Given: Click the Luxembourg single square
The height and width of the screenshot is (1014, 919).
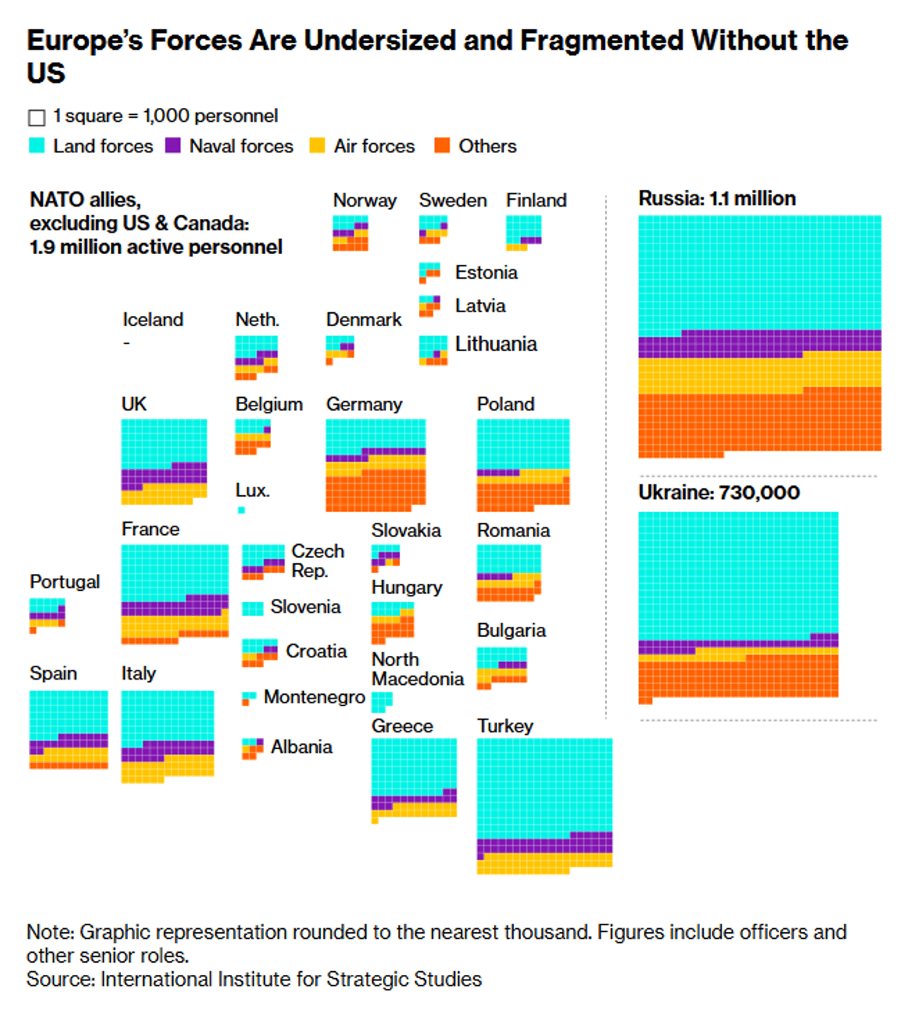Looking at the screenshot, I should click(x=241, y=510).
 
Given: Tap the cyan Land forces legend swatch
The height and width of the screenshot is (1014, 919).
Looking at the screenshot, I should click(x=37, y=145).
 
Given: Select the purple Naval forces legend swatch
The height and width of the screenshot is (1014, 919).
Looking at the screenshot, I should click(x=173, y=145).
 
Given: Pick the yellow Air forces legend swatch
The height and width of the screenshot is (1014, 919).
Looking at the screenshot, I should click(x=317, y=145).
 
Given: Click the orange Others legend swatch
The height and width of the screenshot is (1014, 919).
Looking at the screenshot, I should click(x=442, y=145).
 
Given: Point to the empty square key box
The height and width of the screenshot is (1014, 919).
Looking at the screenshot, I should click(x=37, y=117).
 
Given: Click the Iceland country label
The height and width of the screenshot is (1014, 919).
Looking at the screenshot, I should click(x=152, y=319).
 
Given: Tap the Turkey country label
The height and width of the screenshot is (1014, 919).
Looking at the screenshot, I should click(x=505, y=725).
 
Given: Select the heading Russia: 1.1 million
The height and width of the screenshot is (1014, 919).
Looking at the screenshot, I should click(x=717, y=198).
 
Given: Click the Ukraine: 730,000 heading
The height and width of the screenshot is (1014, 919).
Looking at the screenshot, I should click(x=719, y=492).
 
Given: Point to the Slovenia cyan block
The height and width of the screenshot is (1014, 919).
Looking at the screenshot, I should click(x=253, y=608).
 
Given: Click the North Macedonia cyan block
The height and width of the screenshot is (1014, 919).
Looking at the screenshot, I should click(x=381, y=700).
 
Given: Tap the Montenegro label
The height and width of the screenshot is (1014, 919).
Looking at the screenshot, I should click(x=314, y=697).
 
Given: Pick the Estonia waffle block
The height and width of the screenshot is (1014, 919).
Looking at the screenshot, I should click(x=429, y=272).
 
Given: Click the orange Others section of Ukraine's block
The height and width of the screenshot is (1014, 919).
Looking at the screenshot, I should click(x=738, y=677).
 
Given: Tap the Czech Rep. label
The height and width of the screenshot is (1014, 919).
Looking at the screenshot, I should click(x=317, y=561).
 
